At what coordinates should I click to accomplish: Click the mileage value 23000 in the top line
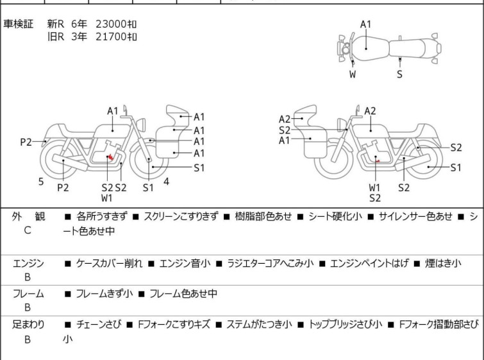pyautogui.click(x=111, y=24)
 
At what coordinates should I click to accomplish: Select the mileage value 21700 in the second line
pyautogui.click(x=111, y=37)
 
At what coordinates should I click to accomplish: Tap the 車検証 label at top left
pyautogui.click(x=18, y=24)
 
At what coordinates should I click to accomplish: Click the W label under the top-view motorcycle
pyautogui.click(x=353, y=74)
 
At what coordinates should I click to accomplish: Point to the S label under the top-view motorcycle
pyautogui.click(x=400, y=74)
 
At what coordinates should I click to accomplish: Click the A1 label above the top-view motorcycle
pyautogui.click(x=366, y=24)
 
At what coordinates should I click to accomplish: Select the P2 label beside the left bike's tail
pyautogui.click(x=26, y=142)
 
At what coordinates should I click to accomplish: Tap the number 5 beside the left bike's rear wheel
pyautogui.click(x=41, y=182)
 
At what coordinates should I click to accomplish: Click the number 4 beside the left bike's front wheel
pyautogui.click(x=167, y=182)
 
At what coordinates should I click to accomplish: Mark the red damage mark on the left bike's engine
pyautogui.click(x=110, y=158)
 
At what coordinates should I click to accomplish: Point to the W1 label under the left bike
pyautogui.click(x=107, y=198)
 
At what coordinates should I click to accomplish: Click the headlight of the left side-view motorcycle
pyautogui.click(x=141, y=125)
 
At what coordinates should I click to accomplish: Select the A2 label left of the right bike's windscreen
pyautogui.click(x=285, y=119)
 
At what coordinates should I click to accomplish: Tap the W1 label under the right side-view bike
pyautogui.click(x=375, y=187)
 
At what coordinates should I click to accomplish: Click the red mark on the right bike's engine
pyautogui.click(x=377, y=160)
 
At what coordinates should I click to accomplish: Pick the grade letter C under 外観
pyautogui.click(x=28, y=230)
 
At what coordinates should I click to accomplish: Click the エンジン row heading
pyautogui.click(x=28, y=263)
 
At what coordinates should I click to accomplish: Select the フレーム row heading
pyautogui.click(x=28, y=293)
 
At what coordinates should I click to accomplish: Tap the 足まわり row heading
pyautogui.click(x=28, y=325)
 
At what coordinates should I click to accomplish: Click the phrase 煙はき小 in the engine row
pyautogui.click(x=442, y=263)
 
